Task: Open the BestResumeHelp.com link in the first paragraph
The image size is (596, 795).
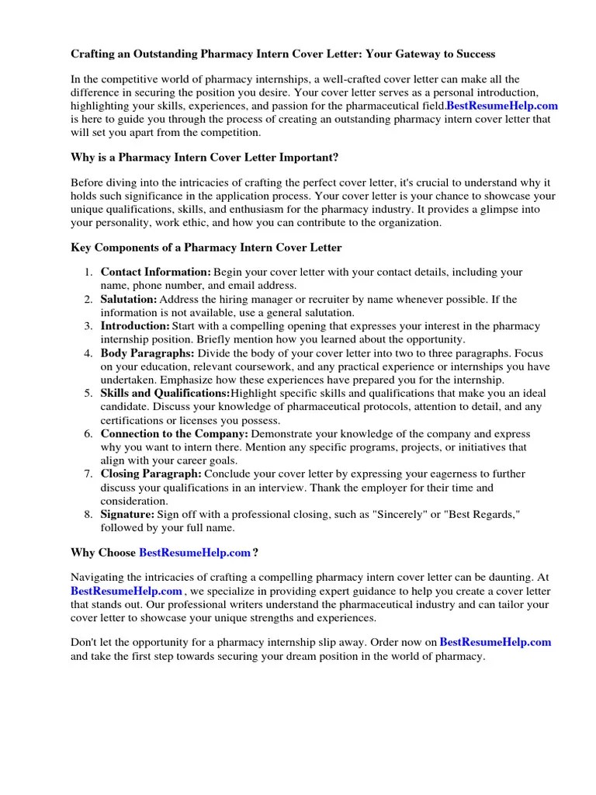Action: pos(502,106)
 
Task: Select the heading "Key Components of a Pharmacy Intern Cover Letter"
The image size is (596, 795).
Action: pos(206,247)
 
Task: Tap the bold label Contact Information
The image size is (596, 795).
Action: pos(156,273)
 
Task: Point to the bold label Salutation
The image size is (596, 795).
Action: pos(129,299)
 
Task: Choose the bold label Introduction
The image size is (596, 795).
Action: pos(135,326)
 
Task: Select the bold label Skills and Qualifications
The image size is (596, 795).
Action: pos(165,394)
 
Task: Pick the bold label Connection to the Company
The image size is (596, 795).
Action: pos(175,434)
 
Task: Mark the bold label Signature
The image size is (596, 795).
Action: pos(128,514)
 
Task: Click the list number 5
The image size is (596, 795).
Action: pos(88,394)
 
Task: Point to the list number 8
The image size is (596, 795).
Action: pos(88,514)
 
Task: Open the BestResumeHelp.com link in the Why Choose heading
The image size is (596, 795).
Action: pos(195,553)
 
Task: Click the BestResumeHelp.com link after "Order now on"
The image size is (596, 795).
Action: pos(495,642)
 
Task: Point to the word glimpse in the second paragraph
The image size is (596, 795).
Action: pos(506,210)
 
